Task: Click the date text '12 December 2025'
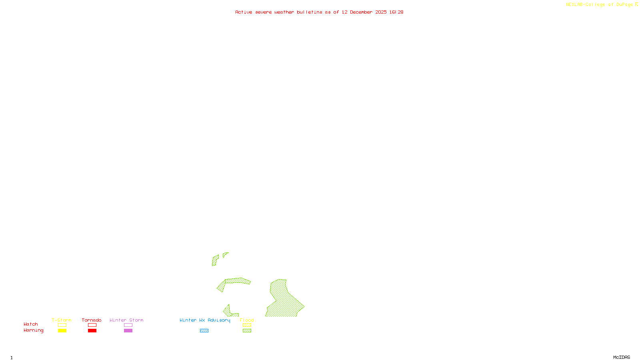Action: pyautogui.click(x=364, y=12)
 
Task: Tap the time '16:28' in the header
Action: pyautogui.click(x=396, y=12)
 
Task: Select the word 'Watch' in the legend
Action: pyautogui.click(x=31, y=324)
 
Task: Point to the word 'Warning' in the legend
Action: pyautogui.click(x=33, y=330)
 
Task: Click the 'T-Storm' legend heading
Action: pyautogui.click(x=62, y=320)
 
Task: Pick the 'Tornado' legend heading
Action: pyautogui.click(x=92, y=320)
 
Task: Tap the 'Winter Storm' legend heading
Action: pyautogui.click(x=126, y=320)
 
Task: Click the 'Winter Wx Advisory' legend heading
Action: pyautogui.click(x=205, y=320)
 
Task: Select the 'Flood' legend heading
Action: pyautogui.click(x=247, y=320)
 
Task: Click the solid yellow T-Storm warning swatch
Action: pyautogui.click(x=62, y=331)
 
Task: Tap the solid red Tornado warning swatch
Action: pyautogui.click(x=92, y=331)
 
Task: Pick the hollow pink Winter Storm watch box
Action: pyautogui.click(x=128, y=325)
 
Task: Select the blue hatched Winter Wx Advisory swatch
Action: pyautogui.click(x=204, y=331)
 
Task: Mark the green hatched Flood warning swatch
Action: pyautogui.click(x=247, y=331)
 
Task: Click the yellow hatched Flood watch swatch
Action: pyautogui.click(x=247, y=325)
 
